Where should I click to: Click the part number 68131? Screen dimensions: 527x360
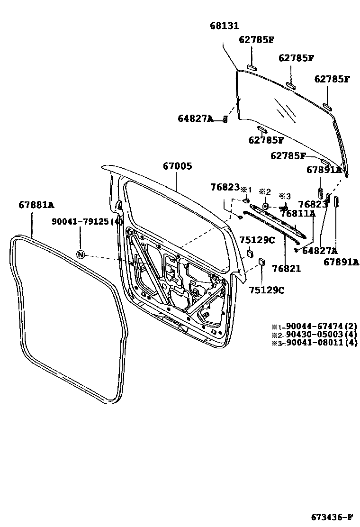click(x=225, y=26)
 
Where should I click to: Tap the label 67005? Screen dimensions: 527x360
click(x=178, y=166)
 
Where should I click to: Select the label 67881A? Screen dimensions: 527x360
click(x=36, y=205)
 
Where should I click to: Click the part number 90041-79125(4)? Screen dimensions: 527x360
click(x=88, y=221)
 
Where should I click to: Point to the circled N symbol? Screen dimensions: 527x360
click(x=81, y=255)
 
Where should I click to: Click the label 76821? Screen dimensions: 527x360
click(x=287, y=269)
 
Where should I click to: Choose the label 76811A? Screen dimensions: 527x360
click(x=298, y=214)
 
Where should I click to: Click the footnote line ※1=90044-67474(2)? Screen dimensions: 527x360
click(x=314, y=326)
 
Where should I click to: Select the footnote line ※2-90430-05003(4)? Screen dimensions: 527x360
click(x=314, y=335)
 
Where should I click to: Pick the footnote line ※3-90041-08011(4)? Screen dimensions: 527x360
click(x=314, y=343)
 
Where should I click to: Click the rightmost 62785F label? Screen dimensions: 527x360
click(x=332, y=79)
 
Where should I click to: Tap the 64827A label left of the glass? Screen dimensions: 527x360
click(x=196, y=118)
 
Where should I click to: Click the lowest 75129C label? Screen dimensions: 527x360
click(x=268, y=290)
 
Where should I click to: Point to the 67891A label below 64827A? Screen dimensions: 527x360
click(x=341, y=261)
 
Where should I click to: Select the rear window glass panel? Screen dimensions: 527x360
click(x=289, y=118)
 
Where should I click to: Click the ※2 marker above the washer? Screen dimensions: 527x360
click(x=264, y=192)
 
